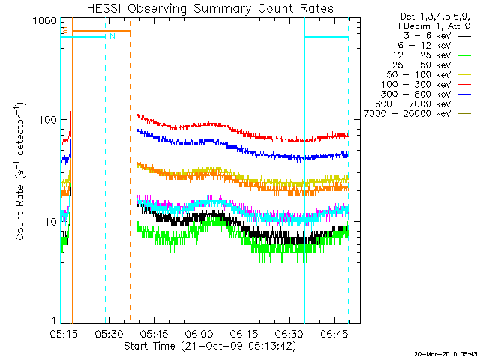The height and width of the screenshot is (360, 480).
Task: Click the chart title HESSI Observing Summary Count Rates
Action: (x=210, y=8)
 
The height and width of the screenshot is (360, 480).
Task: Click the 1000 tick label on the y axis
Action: (x=43, y=20)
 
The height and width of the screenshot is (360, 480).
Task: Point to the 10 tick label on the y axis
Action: (x=49, y=222)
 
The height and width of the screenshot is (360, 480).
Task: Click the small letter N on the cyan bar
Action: (x=112, y=36)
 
